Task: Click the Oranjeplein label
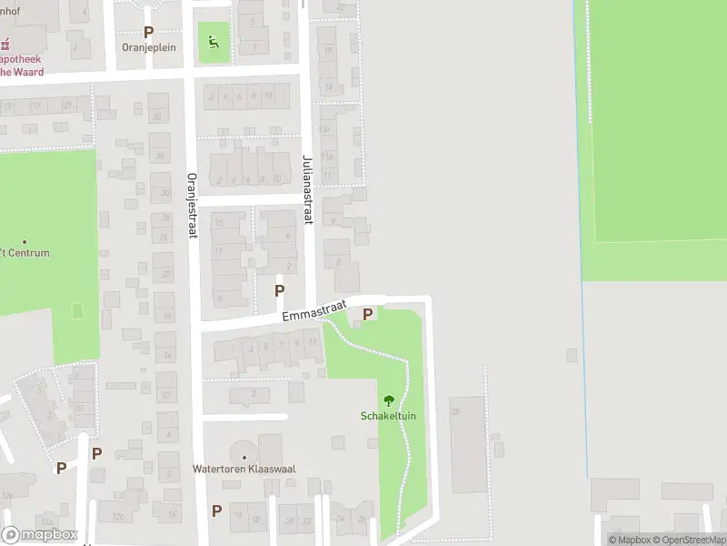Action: click(148, 45)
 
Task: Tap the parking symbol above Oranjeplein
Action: click(148, 32)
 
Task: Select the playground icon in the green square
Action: click(214, 41)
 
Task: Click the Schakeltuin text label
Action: click(388, 417)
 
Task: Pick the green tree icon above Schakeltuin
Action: click(389, 400)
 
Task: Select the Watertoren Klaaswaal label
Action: click(244, 470)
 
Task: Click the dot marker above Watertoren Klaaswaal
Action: click(244, 458)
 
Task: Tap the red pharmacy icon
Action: click(5, 43)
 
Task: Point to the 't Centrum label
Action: click(25, 253)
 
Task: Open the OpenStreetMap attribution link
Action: click(688, 540)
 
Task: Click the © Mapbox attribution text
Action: click(628, 540)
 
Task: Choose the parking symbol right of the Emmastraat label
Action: click(368, 314)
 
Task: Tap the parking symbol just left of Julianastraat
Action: click(279, 290)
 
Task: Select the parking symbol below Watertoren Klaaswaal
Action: click(216, 511)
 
